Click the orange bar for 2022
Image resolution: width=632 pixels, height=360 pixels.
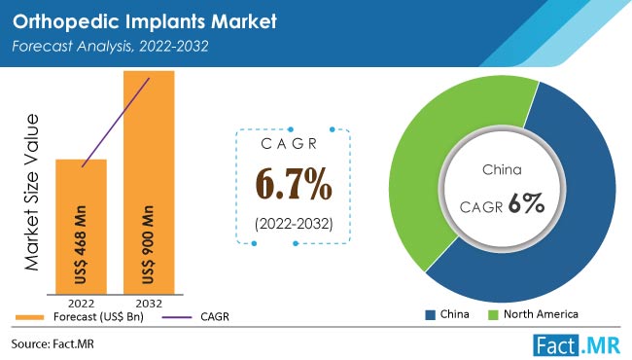pos(81,227)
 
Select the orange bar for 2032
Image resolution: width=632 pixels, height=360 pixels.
pos(149,182)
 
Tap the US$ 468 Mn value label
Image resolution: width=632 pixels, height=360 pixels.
pos(81,245)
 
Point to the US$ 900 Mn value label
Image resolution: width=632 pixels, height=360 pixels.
pos(149,245)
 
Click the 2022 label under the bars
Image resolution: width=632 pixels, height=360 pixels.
pos(81,304)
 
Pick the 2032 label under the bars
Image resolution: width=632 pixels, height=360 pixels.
pos(149,304)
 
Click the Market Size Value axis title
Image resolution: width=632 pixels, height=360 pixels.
pos(31,193)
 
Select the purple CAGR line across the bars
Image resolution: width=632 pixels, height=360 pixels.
pos(116,123)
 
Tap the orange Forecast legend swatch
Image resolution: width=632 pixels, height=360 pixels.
pos(29,317)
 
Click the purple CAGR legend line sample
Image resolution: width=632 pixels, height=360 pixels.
pos(177,317)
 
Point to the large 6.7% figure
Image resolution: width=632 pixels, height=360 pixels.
pos(294,184)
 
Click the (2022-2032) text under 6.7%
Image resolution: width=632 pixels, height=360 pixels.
pos(294,224)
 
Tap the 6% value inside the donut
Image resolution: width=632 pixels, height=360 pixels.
pos(526,203)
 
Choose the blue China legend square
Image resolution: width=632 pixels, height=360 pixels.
pos(431,315)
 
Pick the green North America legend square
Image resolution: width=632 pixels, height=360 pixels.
pos(493,315)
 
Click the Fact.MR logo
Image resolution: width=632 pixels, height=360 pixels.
pos(577,345)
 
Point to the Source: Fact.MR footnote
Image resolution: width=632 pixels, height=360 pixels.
pos(53,343)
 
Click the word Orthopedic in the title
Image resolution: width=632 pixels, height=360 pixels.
pos(66,21)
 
